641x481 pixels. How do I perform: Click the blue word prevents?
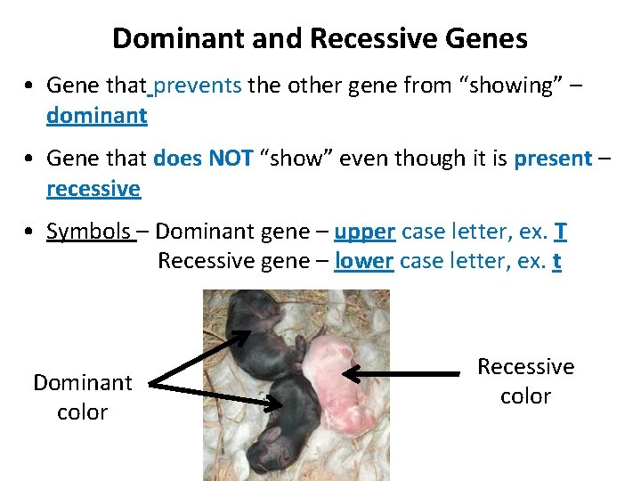198,86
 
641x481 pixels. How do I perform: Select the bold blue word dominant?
97,116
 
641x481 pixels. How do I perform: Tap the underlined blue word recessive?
93,189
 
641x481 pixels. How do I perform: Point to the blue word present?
553,159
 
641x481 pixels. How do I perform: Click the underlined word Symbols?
88,232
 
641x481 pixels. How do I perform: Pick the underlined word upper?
364,232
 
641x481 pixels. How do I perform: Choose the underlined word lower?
363,262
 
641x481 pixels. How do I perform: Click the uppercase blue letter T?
560,232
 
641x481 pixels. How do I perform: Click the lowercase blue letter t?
556,262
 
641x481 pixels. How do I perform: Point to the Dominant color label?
82,397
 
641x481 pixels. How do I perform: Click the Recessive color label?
525,381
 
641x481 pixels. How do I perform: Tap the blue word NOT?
231,159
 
